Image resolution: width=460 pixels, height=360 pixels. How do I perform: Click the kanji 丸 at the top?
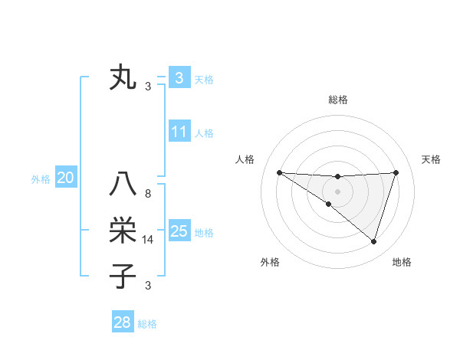tap(123, 78)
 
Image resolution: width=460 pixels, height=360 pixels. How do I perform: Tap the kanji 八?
tap(123, 185)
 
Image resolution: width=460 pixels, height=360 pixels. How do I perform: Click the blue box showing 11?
tap(179, 132)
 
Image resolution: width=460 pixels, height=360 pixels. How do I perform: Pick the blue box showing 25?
tap(179, 231)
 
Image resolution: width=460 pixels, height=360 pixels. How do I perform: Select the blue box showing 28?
tap(122, 322)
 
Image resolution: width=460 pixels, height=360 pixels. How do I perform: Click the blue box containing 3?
tap(179, 78)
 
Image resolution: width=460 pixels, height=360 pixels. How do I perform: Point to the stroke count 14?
tap(148, 240)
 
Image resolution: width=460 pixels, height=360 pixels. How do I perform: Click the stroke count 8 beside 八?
tap(148, 194)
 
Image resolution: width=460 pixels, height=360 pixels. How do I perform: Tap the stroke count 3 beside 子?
tap(148, 286)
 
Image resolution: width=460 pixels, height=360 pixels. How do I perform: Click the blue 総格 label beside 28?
tap(147, 324)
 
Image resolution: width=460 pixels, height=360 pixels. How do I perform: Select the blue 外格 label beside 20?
tap(41, 179)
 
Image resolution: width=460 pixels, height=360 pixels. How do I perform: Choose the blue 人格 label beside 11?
tap(204, 133)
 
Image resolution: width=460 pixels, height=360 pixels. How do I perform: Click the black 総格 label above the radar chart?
tap(337, 100)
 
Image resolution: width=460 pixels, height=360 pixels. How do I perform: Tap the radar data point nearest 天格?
tap(396, 172)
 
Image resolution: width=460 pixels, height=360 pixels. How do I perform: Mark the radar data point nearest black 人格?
tap(279, 172)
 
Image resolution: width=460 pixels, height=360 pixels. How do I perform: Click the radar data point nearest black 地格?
tap(373, 241)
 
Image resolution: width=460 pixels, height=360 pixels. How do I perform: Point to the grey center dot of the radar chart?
tap(337, 191)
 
